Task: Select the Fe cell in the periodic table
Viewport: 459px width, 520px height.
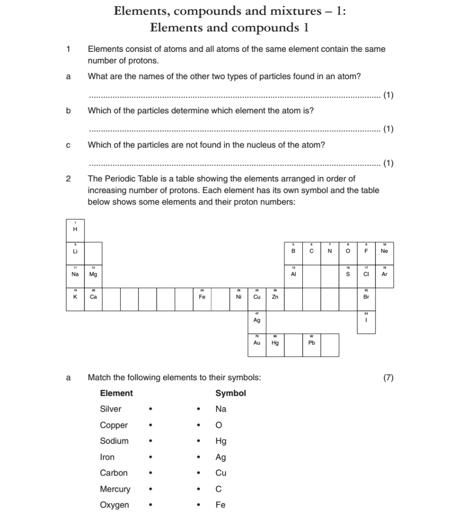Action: coord(202,297)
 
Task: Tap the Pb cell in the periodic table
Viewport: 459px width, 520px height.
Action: coord(312,343)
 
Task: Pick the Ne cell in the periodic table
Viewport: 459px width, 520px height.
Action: coord(384,251)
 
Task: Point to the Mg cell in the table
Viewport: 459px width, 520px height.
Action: coord(93,274)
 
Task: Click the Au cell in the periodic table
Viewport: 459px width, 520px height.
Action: coord(257,343)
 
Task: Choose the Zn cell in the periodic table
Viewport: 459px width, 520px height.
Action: coord(275,297)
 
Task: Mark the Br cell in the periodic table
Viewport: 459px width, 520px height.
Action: coord(366,297)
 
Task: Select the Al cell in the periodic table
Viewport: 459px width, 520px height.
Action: coord(293,274)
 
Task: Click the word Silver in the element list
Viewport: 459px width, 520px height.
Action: coord(110,409)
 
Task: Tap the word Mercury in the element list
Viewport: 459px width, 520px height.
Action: coord(115,489)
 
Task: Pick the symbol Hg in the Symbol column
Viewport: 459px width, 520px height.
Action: coord(221,441)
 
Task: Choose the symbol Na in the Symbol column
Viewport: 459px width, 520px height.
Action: coord(221,409)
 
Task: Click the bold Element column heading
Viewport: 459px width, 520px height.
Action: coord(116,393)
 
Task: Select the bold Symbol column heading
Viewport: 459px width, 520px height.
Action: coord(230,393)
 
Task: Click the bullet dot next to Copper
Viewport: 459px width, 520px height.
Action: coord(151,426)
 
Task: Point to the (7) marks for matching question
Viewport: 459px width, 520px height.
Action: coord(389,377)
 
